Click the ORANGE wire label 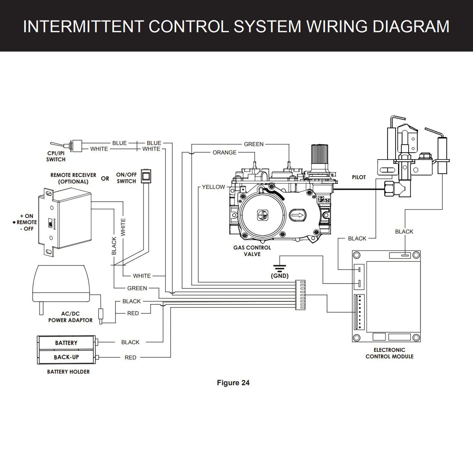[224, 152]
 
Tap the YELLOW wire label [213, 187]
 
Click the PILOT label [359, 177]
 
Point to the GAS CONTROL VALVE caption [252, 251]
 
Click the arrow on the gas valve [298, 215]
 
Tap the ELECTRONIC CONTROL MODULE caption [389, 353]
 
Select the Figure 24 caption [233, 383]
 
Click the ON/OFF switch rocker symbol [145, 176]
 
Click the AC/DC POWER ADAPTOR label [70, 317]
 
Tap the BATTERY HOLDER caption [68, 372]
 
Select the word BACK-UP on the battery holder [66, 357]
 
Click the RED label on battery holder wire [130, 357]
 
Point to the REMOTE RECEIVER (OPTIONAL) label [73, 178]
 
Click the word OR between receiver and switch [105, 179]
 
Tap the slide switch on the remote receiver [50, 223]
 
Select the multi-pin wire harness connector [300, 295]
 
